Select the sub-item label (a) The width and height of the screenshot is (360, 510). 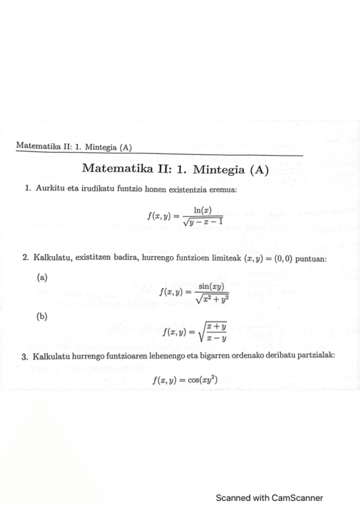(42, 277)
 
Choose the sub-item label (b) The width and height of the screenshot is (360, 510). (42, 316)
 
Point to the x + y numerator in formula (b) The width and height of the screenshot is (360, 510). (215, 327)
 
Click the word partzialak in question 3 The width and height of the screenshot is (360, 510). (316, 356)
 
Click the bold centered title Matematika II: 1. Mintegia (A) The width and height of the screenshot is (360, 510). (175, 169)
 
